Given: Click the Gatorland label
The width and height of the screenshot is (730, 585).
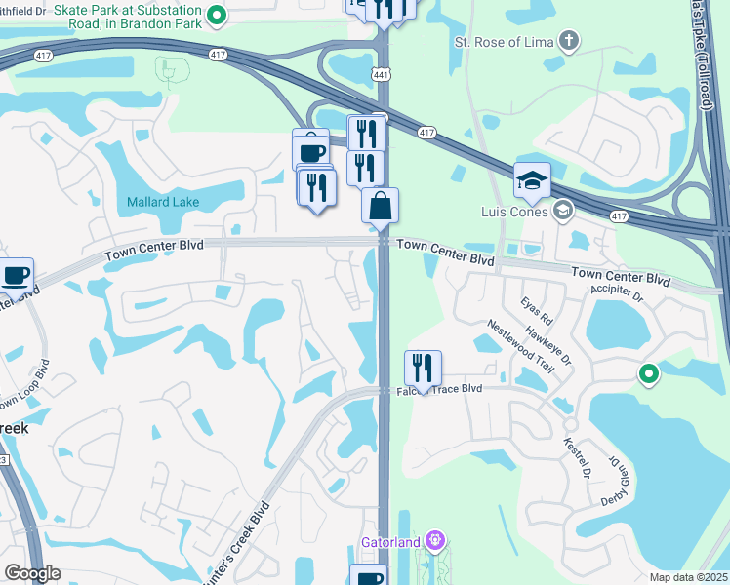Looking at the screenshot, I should pyautogui.click(x=394, y=542).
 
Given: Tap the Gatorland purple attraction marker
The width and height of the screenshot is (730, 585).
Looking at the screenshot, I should pyautogui.click(x=436, y=540).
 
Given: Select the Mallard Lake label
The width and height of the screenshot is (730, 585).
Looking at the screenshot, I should pyautogui.click(x=163, y=202).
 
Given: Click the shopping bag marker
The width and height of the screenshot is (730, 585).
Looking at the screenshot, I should pyautogui.click(x=380, y=205).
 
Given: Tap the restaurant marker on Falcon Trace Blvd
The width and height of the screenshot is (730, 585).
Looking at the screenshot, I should pyautogui.click(x=423, y=368).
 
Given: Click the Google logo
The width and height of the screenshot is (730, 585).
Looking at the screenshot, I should pyautogui.click(x=32, y=572).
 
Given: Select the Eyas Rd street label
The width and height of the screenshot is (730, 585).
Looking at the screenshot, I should pyautogui.click(x=537, y=312).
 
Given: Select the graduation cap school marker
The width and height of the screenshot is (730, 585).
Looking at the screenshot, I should pyautogui.click(x=532, y=180).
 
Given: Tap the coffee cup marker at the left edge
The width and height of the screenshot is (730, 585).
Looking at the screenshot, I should pyautogui.click(x=16, y=276).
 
